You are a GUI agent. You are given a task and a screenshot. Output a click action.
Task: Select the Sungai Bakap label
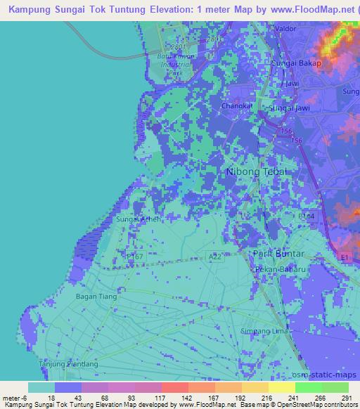click(x=296, y=63)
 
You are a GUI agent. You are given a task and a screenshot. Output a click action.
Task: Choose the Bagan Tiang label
click(x=97, y=297)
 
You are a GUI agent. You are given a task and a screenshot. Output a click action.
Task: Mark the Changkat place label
click(x=236, y=106)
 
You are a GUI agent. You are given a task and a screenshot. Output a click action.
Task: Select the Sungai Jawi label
click(x=290, y=109)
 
